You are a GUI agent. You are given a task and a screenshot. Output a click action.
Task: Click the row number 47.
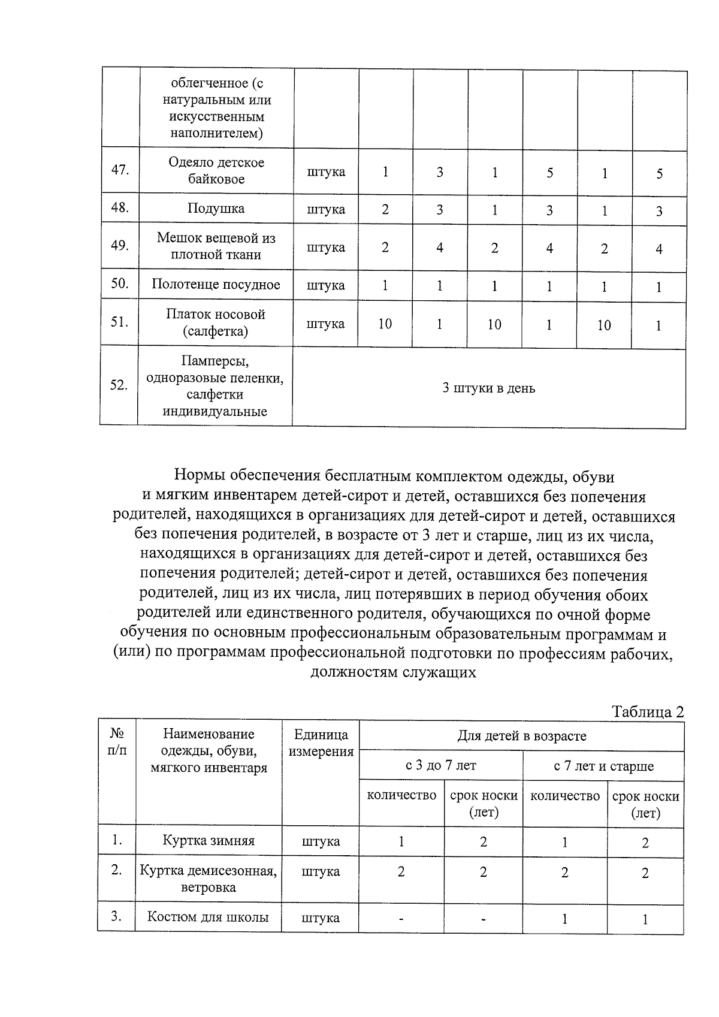tap(120, 170)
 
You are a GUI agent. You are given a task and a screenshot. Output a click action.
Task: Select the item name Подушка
tap(216, 209)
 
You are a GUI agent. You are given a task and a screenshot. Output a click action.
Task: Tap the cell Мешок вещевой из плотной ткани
tap(216, 246)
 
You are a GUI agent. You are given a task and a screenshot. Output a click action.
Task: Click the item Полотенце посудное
tap(216, 285)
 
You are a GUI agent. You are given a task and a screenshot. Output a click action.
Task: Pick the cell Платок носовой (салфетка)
tap(216, 322)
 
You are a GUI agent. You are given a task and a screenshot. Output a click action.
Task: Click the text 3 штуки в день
tap(488, 388)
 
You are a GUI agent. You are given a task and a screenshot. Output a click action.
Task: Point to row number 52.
tap(119, 385)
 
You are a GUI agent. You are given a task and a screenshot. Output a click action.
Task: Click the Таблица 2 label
tap(647, 712)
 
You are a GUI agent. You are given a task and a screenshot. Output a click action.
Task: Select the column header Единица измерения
tap(321, 743)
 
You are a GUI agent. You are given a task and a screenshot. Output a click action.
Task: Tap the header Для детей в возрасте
tap(521, 736)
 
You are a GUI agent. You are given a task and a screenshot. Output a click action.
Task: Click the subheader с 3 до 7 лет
tap(441, 765)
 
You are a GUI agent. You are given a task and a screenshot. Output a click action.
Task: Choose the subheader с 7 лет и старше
tap(603, 766)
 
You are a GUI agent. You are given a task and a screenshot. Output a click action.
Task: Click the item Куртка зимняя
tap(209, 841)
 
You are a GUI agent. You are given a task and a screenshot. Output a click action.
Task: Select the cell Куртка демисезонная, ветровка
tap(209, 879)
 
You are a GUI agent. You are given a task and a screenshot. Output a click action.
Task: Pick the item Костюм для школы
tap(208, 917)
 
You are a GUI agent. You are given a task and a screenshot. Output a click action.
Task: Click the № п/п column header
tap(117, 742)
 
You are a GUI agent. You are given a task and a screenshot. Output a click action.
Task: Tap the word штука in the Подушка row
tap(326, 209)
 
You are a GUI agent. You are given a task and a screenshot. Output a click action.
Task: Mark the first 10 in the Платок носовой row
tap(385, 324)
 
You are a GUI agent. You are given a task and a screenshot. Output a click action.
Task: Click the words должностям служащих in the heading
tap(393, 672)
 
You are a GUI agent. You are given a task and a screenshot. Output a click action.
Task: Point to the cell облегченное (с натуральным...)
tap(217, 108)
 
